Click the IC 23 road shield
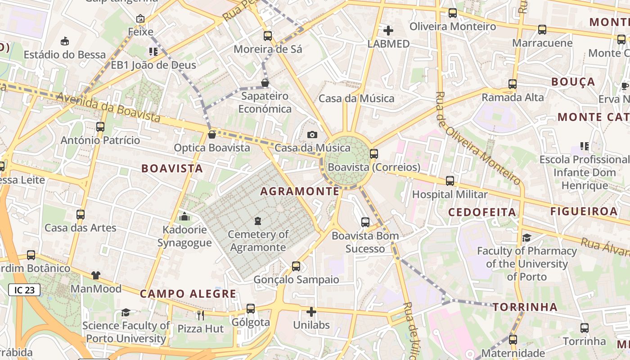tap(24, 290)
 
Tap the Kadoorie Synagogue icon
tap(184, 217)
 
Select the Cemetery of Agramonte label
tap(258, 241)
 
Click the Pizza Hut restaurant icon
tap(201, 315)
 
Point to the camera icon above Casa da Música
tap(312, 135)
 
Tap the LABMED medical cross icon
tap(388, 31)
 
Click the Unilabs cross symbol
tap(311, 311)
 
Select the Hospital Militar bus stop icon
tap(450, 181)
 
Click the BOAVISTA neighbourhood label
tap(172, 168)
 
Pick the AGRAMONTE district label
tap(300, 191)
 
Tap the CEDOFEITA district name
tap(482, 212)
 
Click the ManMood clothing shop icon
tap(96, 275)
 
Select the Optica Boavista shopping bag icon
tap(212, 135)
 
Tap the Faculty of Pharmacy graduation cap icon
tap(526, 238)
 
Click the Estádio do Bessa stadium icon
tap(65, 41)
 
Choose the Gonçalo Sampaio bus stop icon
tap(296, 266)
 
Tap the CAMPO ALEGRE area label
tap(188, 294)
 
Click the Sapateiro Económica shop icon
tap(265, 83)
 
